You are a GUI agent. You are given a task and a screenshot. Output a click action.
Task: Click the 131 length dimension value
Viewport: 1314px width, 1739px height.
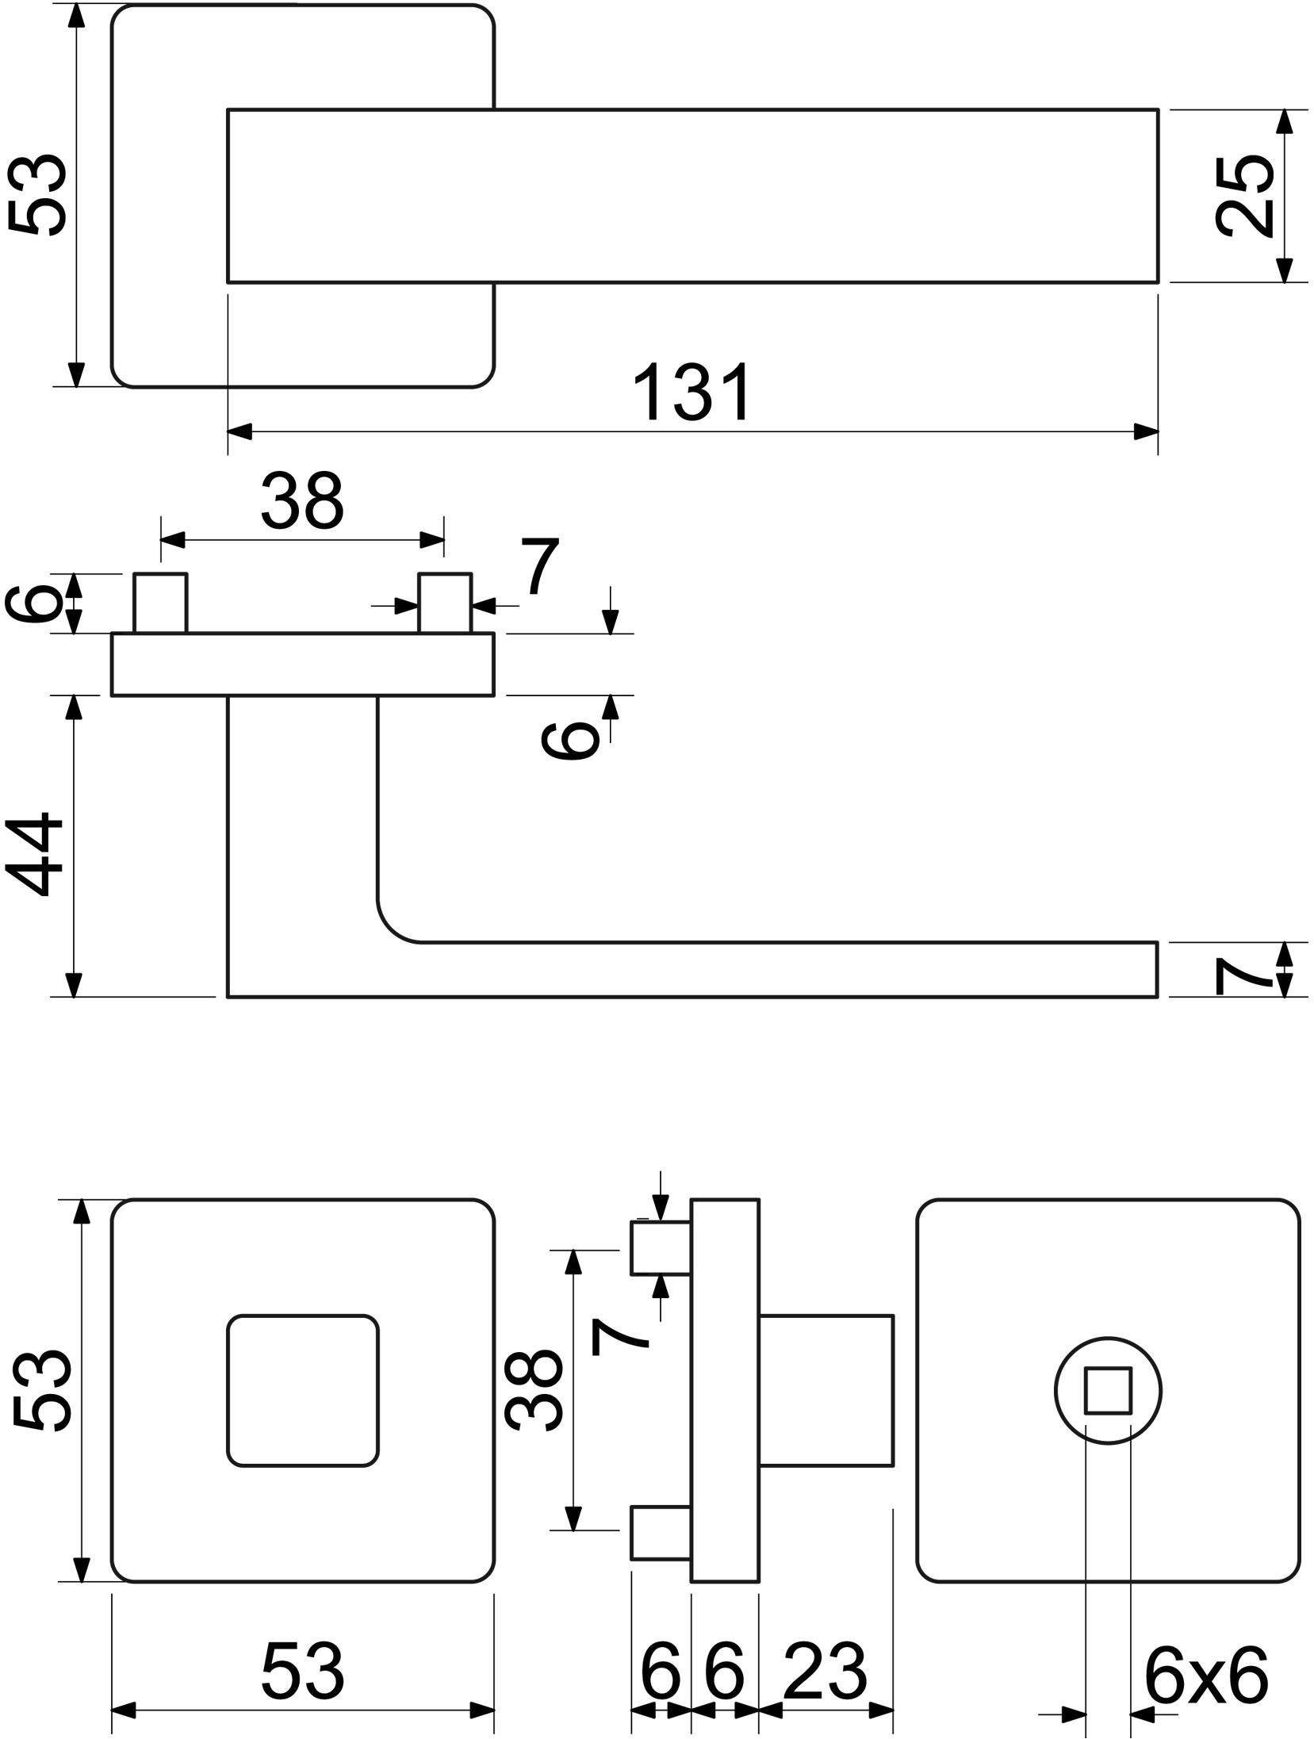(693, 392)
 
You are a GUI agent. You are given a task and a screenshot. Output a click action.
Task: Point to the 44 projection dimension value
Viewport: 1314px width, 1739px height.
(34, 853)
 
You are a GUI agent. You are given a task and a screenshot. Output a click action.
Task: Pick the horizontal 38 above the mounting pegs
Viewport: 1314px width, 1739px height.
(302, 500)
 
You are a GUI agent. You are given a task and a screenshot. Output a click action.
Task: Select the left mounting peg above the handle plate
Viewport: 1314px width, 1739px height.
(160, 603)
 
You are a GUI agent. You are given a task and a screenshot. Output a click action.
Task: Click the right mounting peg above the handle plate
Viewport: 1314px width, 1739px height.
(445, 603)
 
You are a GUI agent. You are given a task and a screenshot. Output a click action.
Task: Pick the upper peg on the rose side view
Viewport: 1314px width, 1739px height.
(661, 1248)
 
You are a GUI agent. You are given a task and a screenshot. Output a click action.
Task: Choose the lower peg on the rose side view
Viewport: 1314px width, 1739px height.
(661, 1532)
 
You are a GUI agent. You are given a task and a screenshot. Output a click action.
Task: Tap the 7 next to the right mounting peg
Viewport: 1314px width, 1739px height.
(540, 565)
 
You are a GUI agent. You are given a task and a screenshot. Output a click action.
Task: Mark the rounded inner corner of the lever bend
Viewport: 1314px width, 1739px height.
(390, 929)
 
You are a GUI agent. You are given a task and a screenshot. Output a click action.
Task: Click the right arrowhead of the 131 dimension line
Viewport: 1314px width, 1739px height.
(1146, 431)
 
